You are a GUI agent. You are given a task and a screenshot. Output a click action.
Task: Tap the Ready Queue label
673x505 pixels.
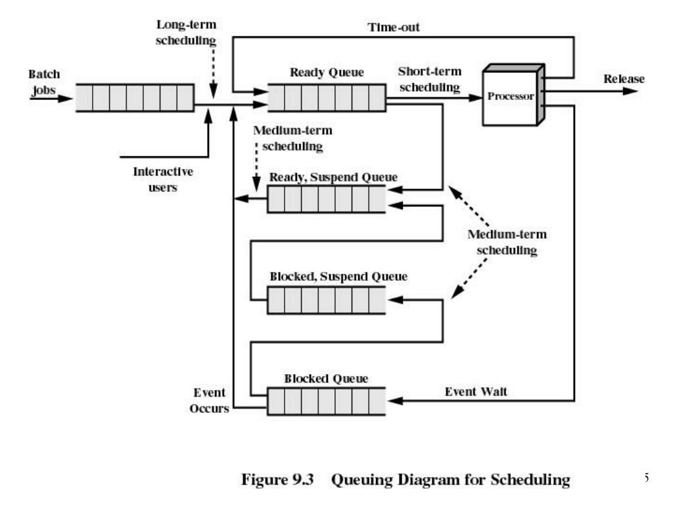(327, 72)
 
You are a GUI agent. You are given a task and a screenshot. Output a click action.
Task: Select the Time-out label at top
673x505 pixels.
(394, 27)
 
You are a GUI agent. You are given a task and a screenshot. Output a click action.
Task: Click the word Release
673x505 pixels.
(624, 79)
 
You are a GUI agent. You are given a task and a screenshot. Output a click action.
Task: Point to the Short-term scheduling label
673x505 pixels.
(430, 80)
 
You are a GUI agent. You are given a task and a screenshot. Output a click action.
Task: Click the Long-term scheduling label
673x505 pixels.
(186, 32)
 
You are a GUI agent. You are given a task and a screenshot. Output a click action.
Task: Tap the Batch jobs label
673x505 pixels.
(44, 82)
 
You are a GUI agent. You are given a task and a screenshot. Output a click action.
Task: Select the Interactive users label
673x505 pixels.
(163, 180)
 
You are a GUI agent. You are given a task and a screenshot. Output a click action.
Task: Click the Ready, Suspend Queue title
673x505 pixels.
(333, 178)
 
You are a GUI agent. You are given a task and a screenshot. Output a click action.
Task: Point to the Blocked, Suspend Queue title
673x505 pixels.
(338, 277)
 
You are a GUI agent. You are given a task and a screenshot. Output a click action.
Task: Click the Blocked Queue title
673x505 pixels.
(326, 378)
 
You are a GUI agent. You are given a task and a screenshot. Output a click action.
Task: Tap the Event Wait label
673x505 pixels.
(476, 392)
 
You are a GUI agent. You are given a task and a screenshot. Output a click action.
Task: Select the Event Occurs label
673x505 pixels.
(210, 400)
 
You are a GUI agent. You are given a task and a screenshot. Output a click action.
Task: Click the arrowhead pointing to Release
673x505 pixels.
(630, 91)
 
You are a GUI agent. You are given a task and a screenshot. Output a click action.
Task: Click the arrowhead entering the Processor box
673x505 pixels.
(476, 98)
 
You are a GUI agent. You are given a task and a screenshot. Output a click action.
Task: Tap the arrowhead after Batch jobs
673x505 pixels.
(65, 99)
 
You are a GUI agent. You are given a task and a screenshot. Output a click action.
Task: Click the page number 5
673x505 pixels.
(646, 477)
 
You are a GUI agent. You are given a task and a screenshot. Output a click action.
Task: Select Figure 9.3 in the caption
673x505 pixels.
(277, 479)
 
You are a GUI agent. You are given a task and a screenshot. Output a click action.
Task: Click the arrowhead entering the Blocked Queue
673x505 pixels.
(395, 400)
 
